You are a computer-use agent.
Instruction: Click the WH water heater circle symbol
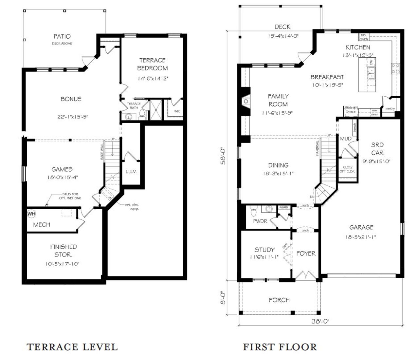(x=31, y=214)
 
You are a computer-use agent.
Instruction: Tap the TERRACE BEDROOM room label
(x=152, y=64)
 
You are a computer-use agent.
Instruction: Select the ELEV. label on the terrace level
(x=131, y=172)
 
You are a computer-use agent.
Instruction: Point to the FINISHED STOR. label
(x=64, y=251)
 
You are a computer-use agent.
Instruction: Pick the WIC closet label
(x=177, y=111)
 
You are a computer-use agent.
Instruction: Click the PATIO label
(x=62, y=36)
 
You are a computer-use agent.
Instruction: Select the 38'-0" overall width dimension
(x=320, y=321)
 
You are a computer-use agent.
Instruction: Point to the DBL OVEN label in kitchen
(x=364, y=37)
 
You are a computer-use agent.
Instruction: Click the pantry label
(x=390, y=108)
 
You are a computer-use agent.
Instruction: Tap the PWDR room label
(x=260, y=221)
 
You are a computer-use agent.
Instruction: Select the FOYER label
(x=306, y=254)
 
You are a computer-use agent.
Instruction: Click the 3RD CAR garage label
(x=377, y=149)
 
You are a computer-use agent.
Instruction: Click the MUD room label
(x=346, y=139)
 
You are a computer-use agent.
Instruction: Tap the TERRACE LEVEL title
(x=72, y=347)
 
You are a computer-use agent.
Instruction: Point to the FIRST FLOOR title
(x=280, y=347)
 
